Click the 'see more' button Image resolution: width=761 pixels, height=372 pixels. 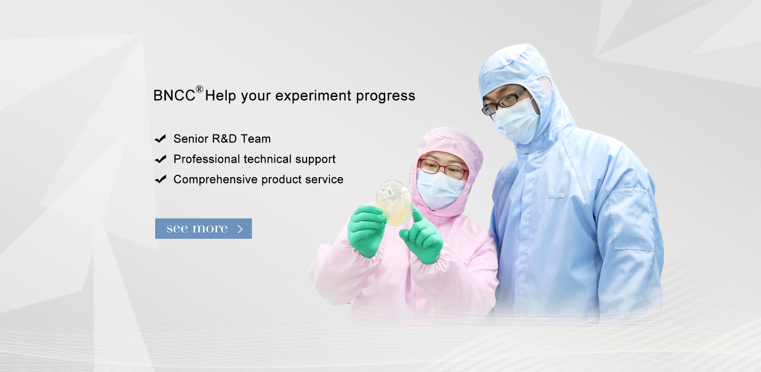[204, 228]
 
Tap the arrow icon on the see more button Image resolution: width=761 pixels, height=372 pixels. [240, 229]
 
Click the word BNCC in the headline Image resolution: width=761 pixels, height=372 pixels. [174, 96]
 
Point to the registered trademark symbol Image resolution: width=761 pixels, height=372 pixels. [200, 89]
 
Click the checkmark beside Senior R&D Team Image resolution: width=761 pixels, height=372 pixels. [160, 139]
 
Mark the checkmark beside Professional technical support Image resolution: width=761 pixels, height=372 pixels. [160, 159]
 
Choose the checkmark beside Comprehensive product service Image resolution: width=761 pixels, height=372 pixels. [160, 179]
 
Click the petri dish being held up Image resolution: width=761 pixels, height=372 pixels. [395, 202]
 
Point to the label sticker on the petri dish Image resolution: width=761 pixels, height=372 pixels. [387, 192]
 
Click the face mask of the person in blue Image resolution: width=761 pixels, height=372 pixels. [516, 120]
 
